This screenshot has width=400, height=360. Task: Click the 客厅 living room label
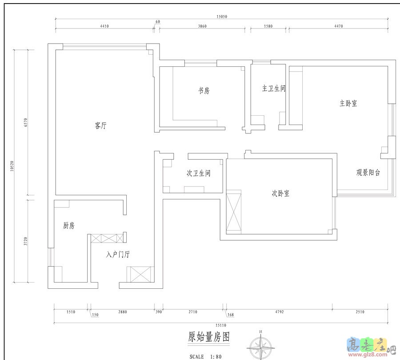click(101, 126)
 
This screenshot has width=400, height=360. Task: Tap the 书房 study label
click(204, 91)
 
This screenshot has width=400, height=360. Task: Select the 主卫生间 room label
click(273, 89)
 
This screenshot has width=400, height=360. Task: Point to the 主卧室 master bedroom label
click(348, 103)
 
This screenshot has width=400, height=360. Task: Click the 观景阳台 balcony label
click(368, 173)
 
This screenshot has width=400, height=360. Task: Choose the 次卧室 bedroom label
click(280, 194)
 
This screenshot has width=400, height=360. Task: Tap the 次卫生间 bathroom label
click(198, 173)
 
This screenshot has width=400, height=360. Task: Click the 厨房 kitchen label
click(69, 226)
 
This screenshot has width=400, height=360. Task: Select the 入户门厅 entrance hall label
click(118, 255)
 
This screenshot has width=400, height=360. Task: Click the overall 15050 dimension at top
click(222, 16)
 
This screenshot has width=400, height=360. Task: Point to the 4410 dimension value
click(104, 26)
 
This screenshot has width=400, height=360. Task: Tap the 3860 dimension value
click(202, 26)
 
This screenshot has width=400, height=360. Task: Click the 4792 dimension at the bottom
click(279, 312)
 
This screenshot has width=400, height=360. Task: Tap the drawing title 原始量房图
click(208, 337)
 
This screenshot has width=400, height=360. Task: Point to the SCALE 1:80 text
click(205, 356)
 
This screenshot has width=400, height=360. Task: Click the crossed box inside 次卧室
click(233, 212)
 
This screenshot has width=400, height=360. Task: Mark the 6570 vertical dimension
click(25, 122)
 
